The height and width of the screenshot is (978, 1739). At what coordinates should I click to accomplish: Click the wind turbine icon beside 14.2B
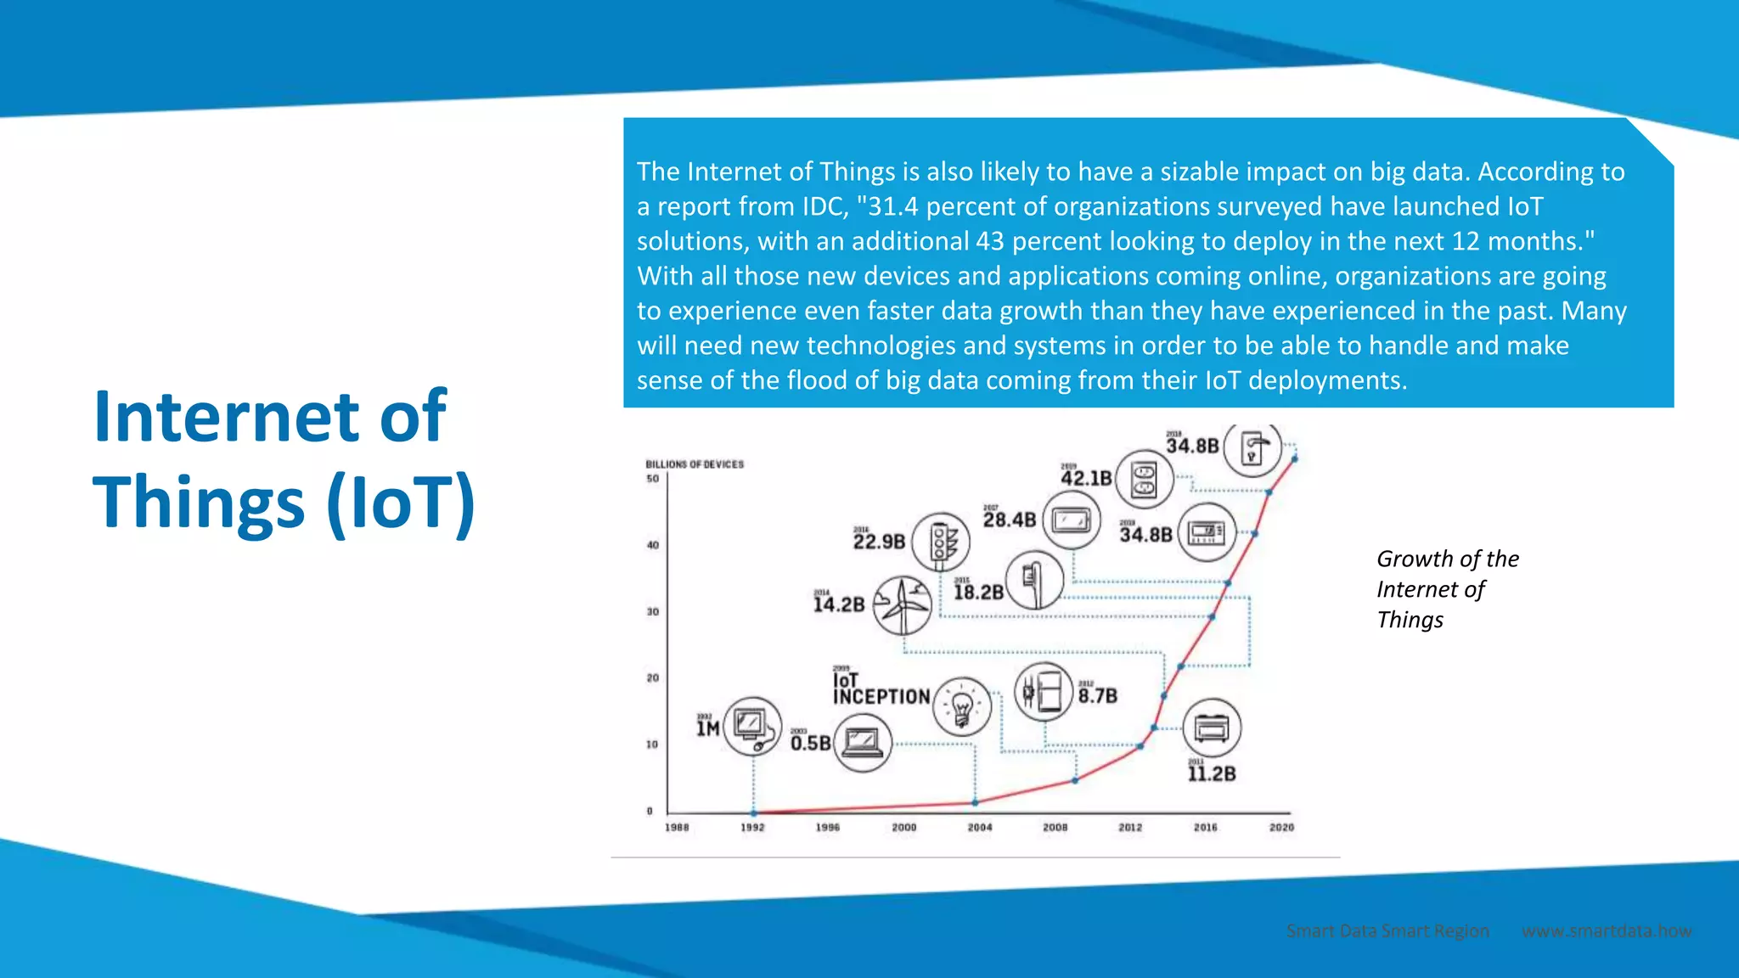tap(903, 604)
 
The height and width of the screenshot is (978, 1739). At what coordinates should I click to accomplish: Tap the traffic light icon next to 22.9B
tap(940, 542)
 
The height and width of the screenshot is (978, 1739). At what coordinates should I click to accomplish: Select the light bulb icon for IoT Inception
tap(961, 706)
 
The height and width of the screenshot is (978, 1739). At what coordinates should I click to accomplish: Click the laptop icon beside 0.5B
tap(862, 743)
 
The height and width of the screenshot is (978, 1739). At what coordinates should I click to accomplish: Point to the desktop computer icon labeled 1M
tap(751, 726)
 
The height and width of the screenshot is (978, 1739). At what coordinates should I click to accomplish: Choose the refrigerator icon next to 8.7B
tap(1044, 692)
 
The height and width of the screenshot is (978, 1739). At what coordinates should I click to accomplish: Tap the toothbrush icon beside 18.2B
tap(1034, 580)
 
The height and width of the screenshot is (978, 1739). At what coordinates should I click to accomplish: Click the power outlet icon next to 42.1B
tap(1144, 480)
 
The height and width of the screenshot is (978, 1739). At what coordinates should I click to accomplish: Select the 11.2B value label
tap(1212, 773)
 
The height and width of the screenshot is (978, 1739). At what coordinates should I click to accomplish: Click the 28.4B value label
tap(1010, 519)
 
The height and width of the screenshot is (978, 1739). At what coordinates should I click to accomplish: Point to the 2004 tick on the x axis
tap(979, 827)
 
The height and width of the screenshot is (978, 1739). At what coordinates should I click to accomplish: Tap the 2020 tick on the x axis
tap(1281, 827)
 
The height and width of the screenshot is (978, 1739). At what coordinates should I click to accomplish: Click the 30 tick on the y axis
tap(652, 611)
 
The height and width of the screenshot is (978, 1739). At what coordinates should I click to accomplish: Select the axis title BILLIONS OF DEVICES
tap(695, 464)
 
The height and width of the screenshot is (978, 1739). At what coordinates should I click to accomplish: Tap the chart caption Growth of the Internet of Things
tap(1446, 588)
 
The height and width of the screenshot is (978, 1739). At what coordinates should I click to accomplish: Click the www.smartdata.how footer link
tap(1606, 930)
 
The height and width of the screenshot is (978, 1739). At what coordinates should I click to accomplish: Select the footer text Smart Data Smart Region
tap(1387, 930)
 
